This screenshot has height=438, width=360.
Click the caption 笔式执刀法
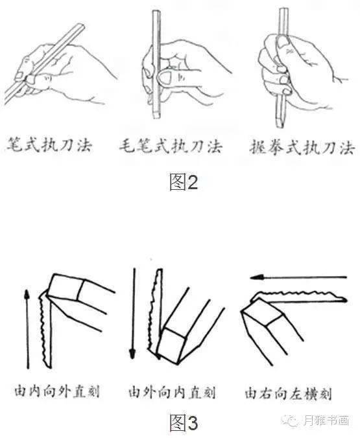point(49,144)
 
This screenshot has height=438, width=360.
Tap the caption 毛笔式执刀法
point(171,146)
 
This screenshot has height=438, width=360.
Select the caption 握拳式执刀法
point(302,146)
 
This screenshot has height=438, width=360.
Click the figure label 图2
point(184,182)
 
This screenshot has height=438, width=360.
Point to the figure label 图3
point(184,422)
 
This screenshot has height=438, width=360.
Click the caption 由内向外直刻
point(57,391)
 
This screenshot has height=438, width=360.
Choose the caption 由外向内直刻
point(172,392)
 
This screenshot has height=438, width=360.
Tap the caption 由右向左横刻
point(288,393)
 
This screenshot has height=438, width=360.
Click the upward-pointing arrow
point(27,328)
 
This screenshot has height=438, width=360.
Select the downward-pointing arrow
point(133,314)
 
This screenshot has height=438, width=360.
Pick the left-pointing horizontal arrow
point(298,277)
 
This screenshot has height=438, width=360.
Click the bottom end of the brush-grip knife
point(156,117)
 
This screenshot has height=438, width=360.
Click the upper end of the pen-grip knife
point(80,26)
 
